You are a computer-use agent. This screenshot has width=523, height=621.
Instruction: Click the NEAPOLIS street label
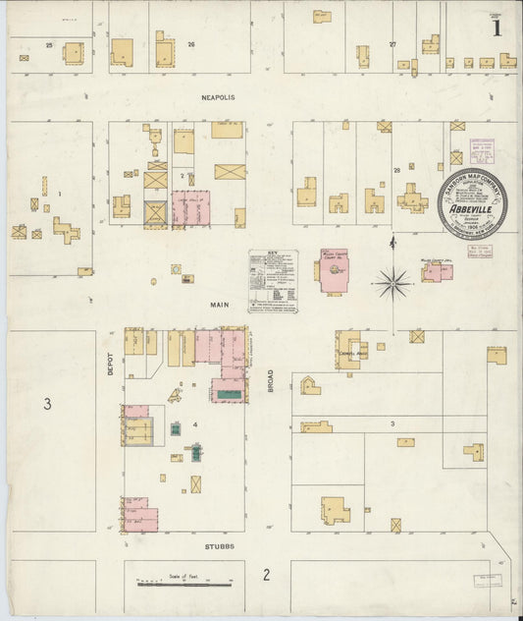[219, 97]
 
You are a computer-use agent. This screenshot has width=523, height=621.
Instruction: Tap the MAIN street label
[218, 305]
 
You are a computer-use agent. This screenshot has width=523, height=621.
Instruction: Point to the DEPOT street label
[111, 365]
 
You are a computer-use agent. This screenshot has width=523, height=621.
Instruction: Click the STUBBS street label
[219, 545]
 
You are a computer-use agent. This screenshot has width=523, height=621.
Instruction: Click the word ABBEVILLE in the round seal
[472, 208]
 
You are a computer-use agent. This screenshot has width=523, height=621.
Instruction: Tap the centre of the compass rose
[392, 283]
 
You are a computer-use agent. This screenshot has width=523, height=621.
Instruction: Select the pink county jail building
[439, 271]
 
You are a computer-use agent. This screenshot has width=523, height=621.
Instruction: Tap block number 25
[48, 45]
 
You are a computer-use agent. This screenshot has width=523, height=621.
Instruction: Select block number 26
[191, 44]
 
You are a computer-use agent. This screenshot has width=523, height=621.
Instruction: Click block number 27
[392, 44]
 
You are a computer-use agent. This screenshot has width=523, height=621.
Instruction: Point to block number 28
[397, 170]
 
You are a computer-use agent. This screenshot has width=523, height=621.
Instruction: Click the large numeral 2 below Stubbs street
[266, 575]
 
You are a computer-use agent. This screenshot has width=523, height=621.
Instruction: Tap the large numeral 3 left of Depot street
[46, 403]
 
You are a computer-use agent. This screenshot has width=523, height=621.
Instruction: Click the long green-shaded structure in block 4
[229, 394]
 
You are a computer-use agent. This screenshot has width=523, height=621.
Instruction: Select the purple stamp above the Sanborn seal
[481, 151]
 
